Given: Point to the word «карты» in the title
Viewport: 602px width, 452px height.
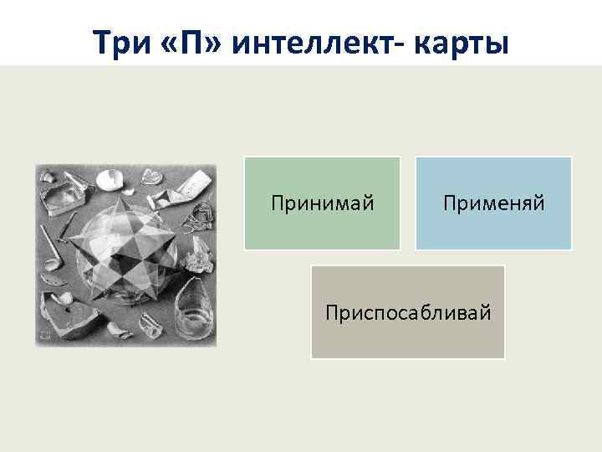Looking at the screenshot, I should (x=459, y=41).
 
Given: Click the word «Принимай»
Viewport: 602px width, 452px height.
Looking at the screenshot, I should (x=322, y=203).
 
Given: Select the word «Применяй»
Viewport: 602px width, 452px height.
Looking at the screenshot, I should (x=493, y=203).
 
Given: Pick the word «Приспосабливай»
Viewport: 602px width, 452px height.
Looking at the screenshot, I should (x=408, y=312).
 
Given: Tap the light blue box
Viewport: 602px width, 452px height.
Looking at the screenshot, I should (x=493, y=230).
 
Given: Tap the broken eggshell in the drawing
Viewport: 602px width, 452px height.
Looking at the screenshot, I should (x=109, y=179).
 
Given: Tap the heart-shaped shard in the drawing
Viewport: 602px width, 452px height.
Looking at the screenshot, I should (x=150, y=177).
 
